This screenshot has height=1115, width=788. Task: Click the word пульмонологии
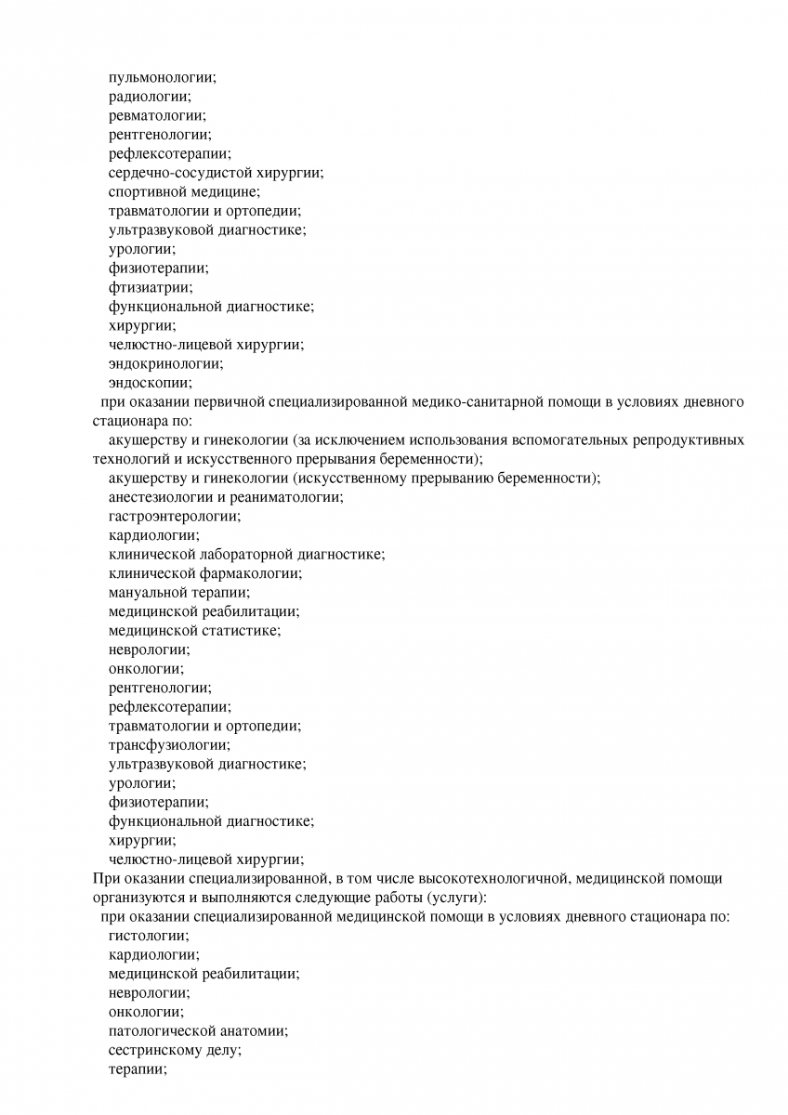(x=161, y=77)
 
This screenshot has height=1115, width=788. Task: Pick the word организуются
(x=138, y=898)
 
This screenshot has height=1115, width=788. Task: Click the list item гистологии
(x=148, y=936)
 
